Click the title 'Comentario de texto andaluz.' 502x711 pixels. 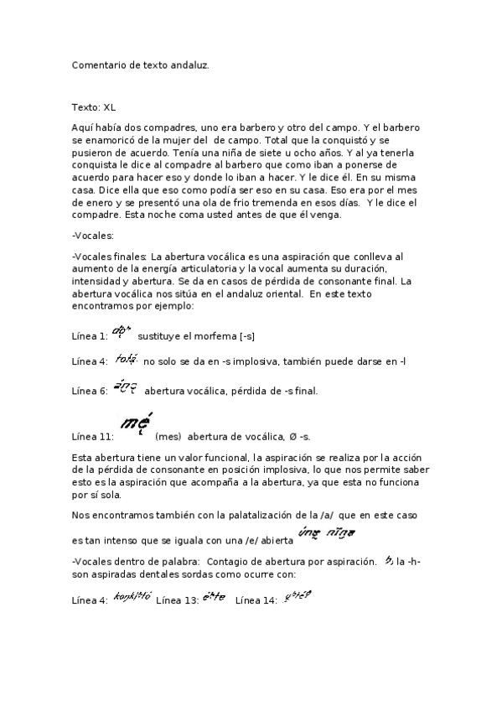[x=140, y=64]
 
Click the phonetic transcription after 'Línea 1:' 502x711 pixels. [x=122, y=333]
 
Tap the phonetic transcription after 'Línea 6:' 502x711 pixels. [x=124, y=387]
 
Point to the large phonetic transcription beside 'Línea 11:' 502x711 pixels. [x=137, y=423]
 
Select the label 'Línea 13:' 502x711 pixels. [x=177, y=600]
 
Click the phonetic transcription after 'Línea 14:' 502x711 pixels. [x=298, y=597]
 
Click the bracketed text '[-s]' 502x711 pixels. [x=248, y=336]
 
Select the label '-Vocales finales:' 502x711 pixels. [x=110, y=256]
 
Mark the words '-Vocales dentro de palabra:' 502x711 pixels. [x=135, y=560]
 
